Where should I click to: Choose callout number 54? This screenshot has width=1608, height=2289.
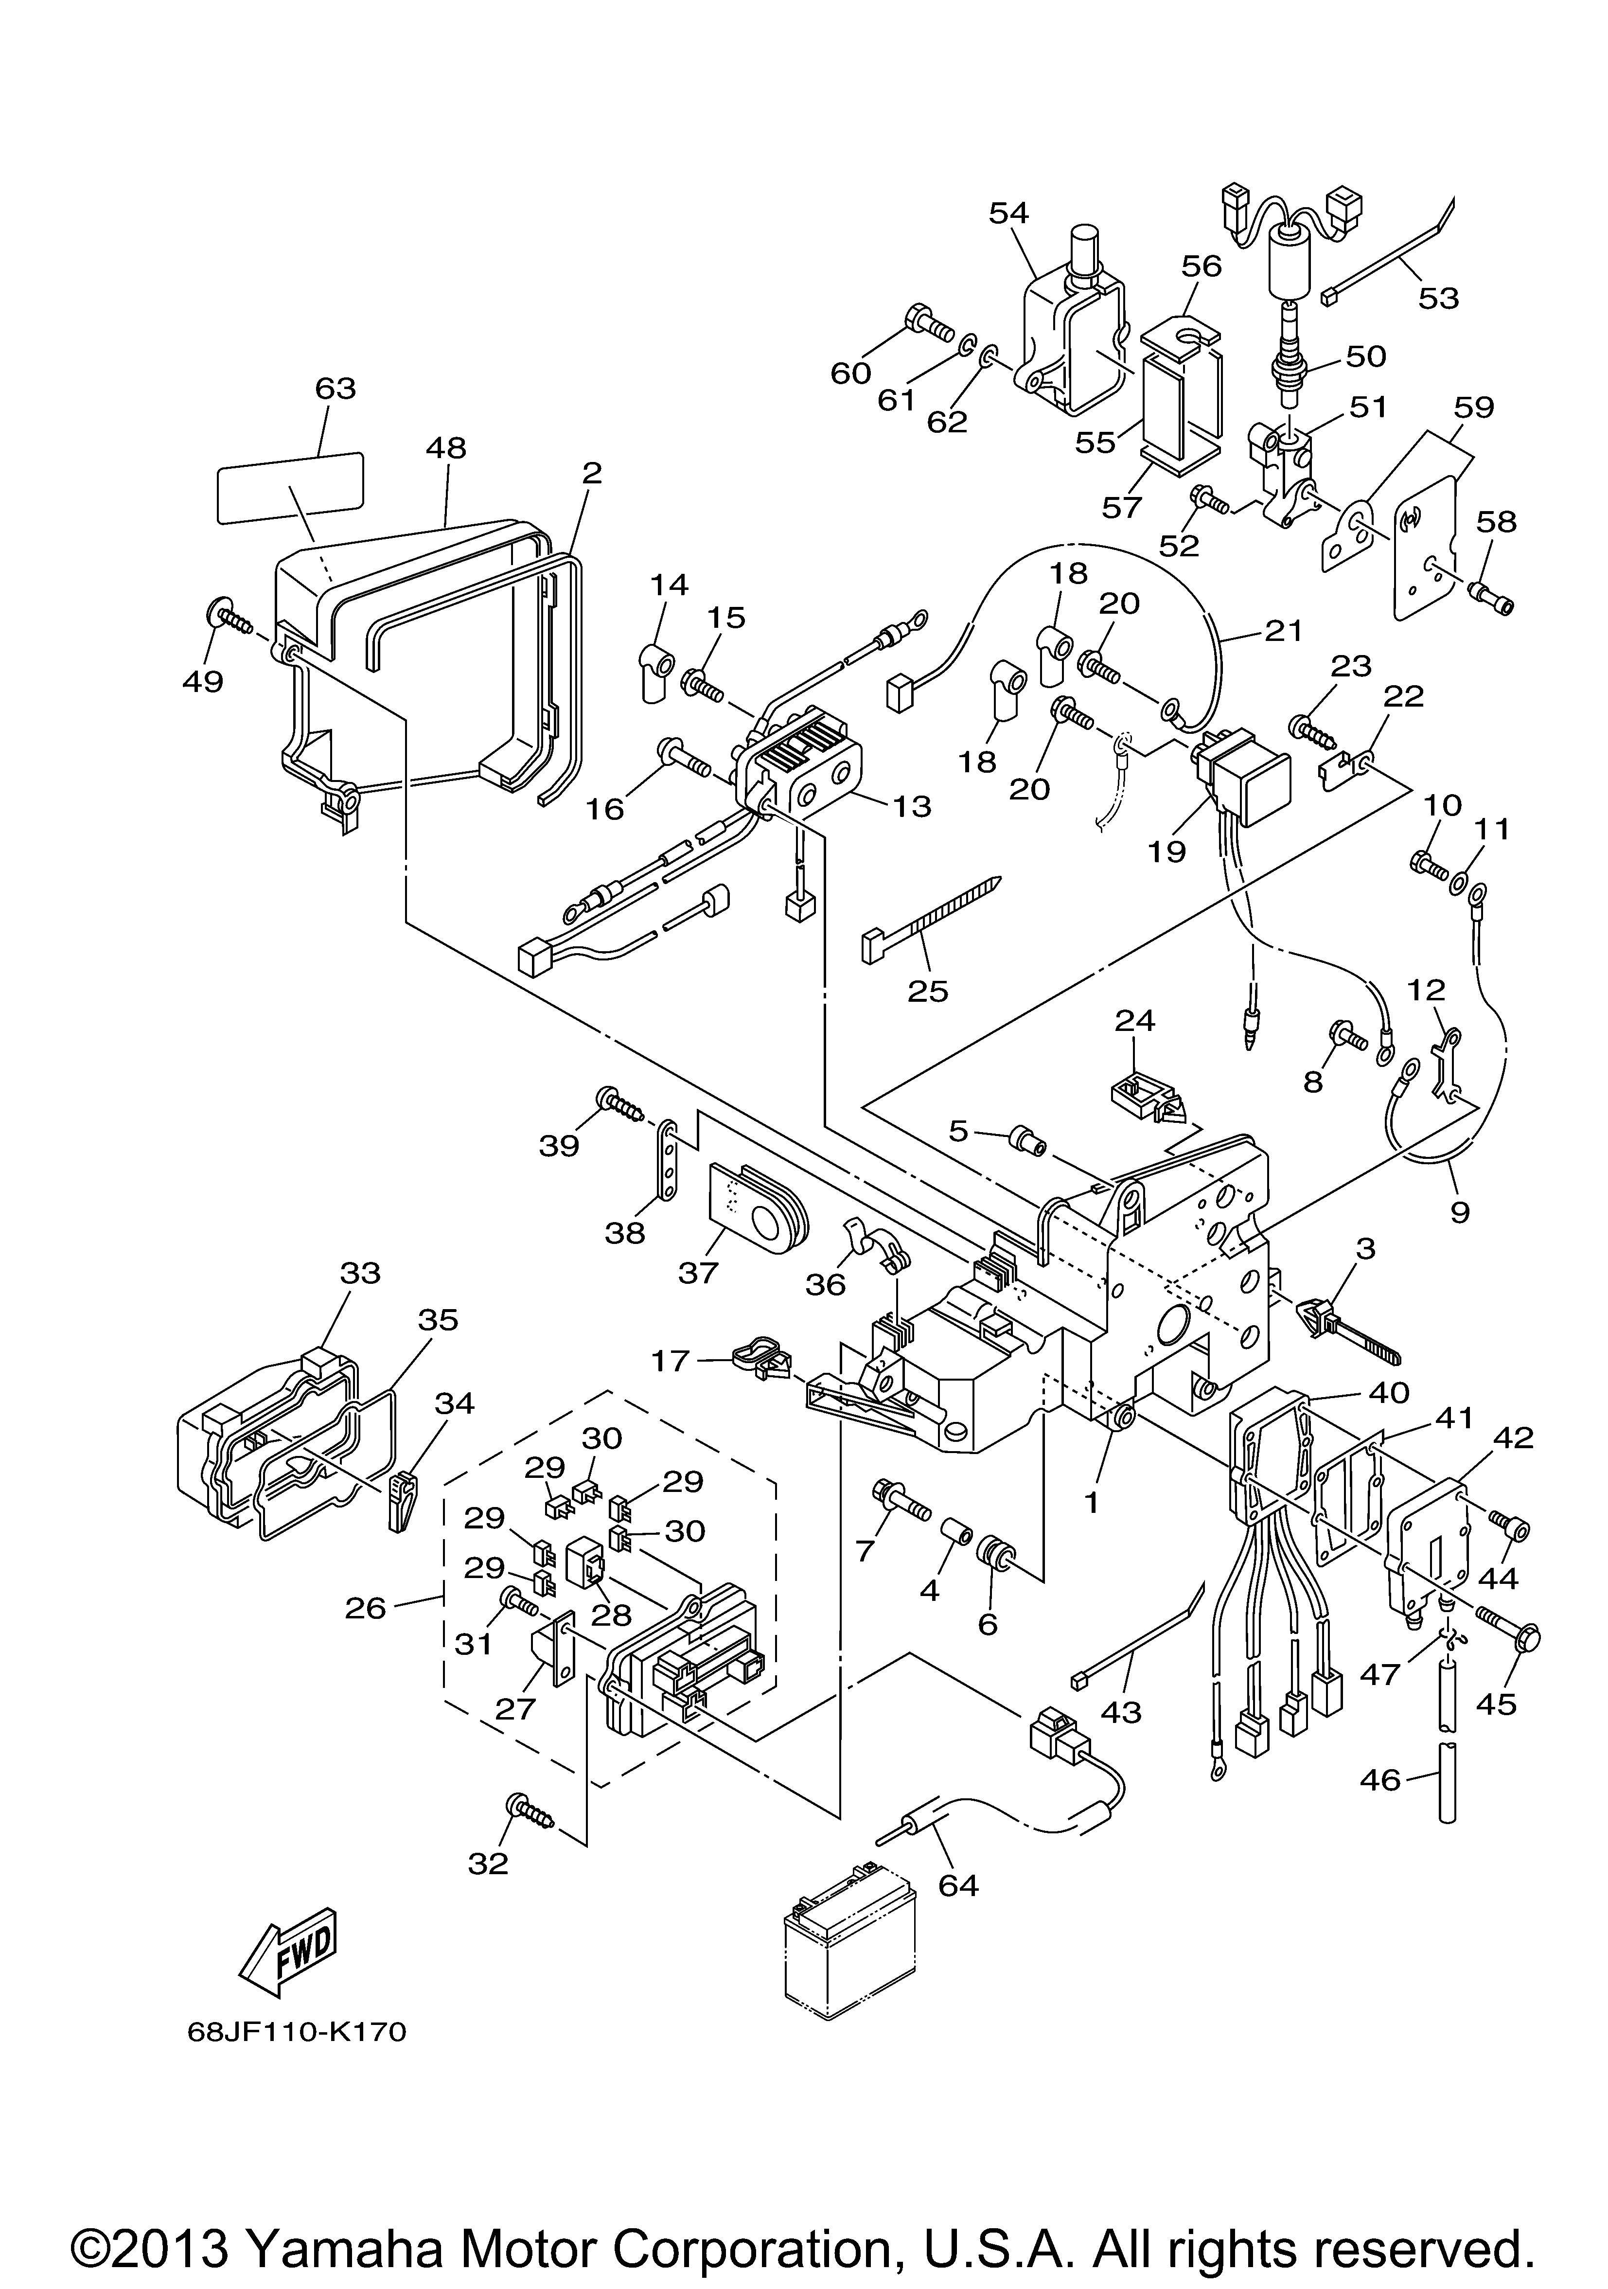click(1009, 213)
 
